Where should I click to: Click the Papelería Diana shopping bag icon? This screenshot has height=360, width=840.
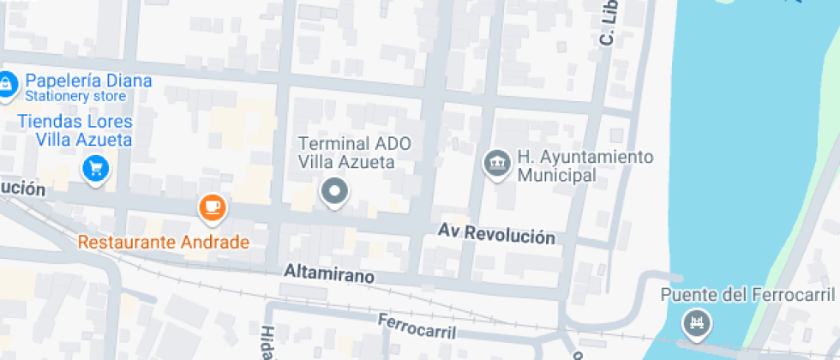(6, 83)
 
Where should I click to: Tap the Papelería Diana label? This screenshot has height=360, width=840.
(88, 81)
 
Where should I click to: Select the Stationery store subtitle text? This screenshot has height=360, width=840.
(75, 96)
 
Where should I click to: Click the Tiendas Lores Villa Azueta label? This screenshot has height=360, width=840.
(75, 130)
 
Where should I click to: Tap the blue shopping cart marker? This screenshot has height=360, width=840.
(95, 167)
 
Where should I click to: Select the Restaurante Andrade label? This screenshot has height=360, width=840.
(164, 242)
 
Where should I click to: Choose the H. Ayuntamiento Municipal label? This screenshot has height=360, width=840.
(584, 165)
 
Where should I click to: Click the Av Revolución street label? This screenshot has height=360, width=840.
(496, 234)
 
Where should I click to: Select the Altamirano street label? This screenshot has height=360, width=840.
(329, 274)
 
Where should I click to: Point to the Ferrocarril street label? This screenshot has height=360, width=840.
(417, 325)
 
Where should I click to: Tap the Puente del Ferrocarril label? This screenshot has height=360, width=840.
(747, 295)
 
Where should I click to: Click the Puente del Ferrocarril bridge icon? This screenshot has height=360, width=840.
(694, 324)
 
